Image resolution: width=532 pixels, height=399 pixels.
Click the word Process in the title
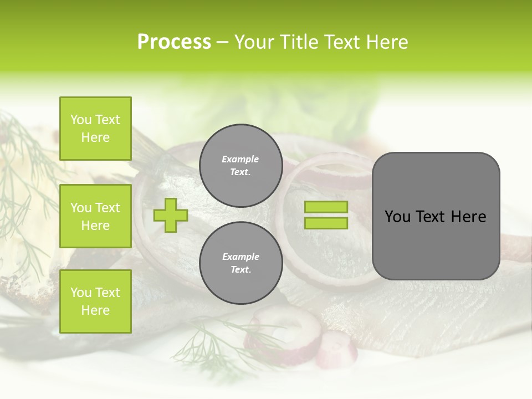point(174,42)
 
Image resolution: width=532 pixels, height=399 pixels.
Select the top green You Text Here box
point(95,129)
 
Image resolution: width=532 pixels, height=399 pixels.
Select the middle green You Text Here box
point(95,216)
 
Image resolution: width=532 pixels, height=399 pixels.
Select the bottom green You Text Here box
point(95,301)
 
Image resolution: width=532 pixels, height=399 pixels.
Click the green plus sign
point(171,215)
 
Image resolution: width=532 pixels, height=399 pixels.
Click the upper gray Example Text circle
point(241,166)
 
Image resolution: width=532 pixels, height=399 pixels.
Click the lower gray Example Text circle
point(241,263)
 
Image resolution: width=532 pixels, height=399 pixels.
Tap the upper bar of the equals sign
point(326,207)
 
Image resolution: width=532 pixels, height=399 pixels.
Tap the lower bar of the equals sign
point(326,223)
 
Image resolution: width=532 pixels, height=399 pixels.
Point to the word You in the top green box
point(81,120)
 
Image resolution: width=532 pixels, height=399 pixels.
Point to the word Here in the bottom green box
point(95,310)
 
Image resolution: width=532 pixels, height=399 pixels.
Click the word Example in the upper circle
point(241,159)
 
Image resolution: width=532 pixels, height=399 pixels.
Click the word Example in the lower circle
point(241,257)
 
